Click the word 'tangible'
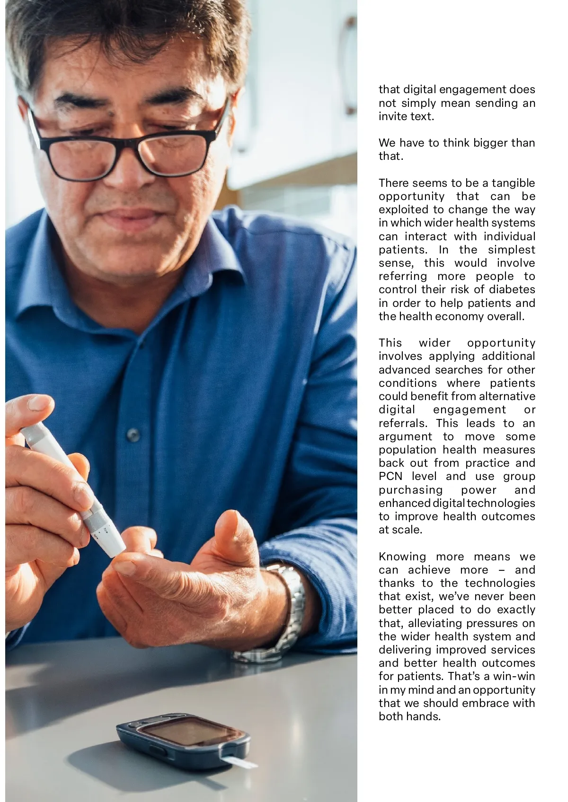(513, 183)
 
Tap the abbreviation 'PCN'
(390, 476)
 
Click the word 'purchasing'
(410, 490)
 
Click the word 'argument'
(405, 436)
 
